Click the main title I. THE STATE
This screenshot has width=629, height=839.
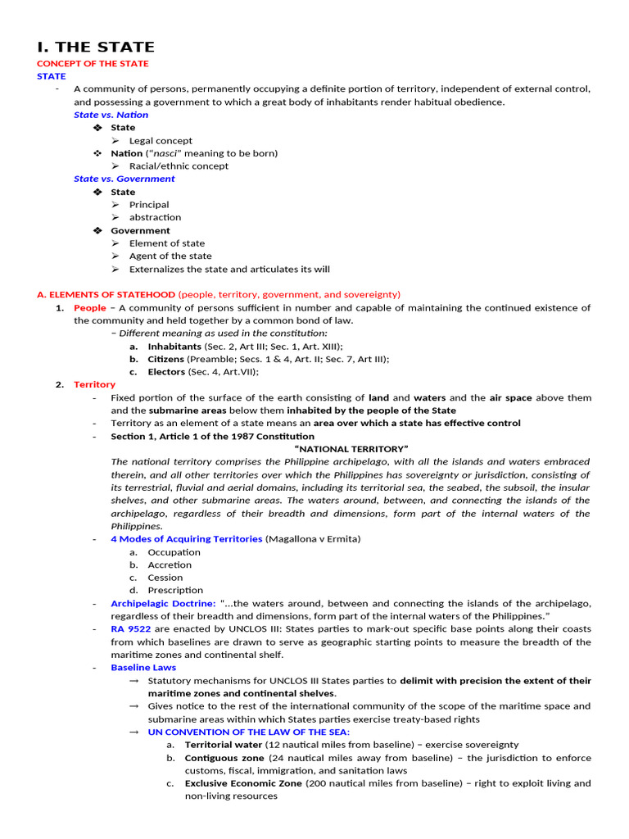(96, 47)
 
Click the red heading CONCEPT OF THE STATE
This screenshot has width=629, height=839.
(93, 64)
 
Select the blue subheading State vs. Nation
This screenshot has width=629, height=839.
(111, 115)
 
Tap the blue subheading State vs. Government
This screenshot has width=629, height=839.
(124, 179)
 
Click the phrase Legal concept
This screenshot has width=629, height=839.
(161, 141)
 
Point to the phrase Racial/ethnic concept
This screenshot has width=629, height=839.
(179, 166)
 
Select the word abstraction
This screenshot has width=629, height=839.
(155, 217)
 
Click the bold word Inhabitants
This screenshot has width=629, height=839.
(174, 347)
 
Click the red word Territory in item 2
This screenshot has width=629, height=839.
(94, 385)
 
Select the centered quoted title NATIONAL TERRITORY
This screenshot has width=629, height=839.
(351, 449)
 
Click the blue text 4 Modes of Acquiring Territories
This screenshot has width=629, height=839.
(187, 539)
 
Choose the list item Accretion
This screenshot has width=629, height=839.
(170, 565)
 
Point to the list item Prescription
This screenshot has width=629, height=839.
(175, 590)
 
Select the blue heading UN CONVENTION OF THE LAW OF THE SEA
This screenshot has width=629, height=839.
(249, 732)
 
